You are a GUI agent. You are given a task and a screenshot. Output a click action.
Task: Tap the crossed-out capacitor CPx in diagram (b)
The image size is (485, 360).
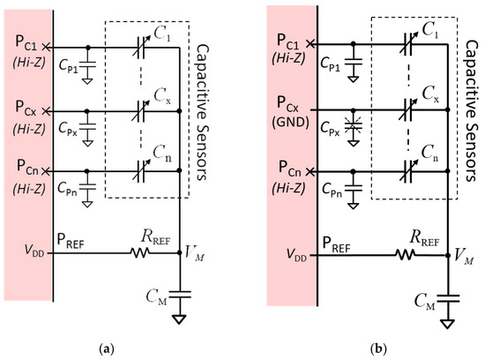pos(353,126)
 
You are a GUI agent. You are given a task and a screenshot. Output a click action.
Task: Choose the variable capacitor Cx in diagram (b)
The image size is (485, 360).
pos(407,110)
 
